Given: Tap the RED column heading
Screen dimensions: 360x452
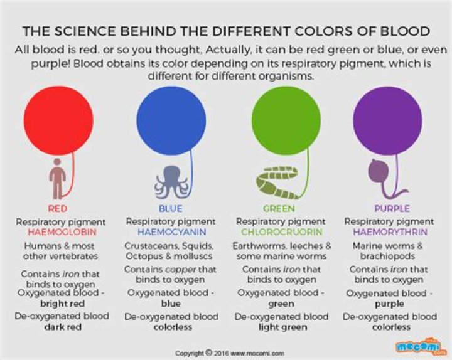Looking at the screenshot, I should [x=57, y=208].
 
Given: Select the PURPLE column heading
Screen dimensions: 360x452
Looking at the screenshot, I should [x=391, y=208].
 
